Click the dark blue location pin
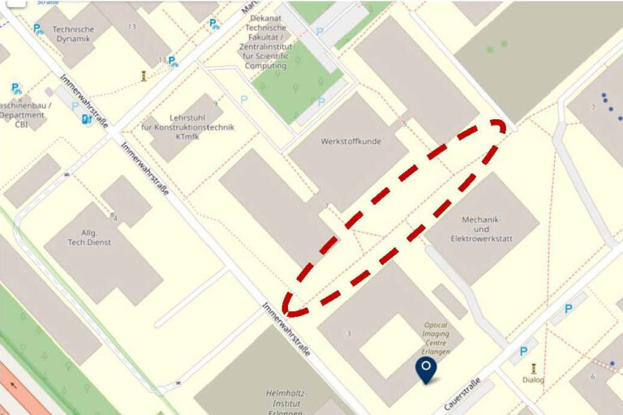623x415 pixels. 426,370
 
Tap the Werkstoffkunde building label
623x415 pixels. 350,141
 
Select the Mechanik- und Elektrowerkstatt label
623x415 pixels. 482,229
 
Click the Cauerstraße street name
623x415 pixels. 463,393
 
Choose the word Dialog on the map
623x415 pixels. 533,379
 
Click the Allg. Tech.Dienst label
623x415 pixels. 89,237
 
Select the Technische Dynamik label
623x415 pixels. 73,33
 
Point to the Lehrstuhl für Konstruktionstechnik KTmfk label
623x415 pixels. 187,126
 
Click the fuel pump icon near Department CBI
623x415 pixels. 87,120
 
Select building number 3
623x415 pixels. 349,333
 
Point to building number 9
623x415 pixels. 215,104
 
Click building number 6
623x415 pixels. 593,377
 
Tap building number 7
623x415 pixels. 593,108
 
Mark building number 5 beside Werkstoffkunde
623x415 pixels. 404,124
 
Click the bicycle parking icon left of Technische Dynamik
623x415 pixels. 38,29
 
